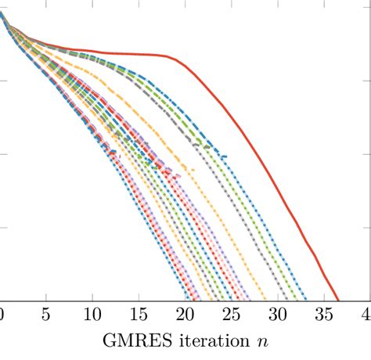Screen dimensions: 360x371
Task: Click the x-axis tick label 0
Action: click(x=2, y=315)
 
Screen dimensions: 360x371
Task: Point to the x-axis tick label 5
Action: click(x=46, y=315)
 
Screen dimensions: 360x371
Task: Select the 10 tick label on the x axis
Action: click(x=92, y=315)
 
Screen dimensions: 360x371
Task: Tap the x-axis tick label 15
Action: click(x=139, y=315)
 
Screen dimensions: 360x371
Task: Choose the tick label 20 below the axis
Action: click(x=185, y=315)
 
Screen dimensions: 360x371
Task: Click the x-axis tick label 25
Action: click(x=231, y=315)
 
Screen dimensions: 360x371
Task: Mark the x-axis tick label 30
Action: click(x=277, y=315)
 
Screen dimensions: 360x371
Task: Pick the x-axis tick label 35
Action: click(x=323, y=315)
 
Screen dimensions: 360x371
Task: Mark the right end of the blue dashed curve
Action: click(x=227, y=158)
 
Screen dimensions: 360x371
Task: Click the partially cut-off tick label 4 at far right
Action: click(x=366, y=315)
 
